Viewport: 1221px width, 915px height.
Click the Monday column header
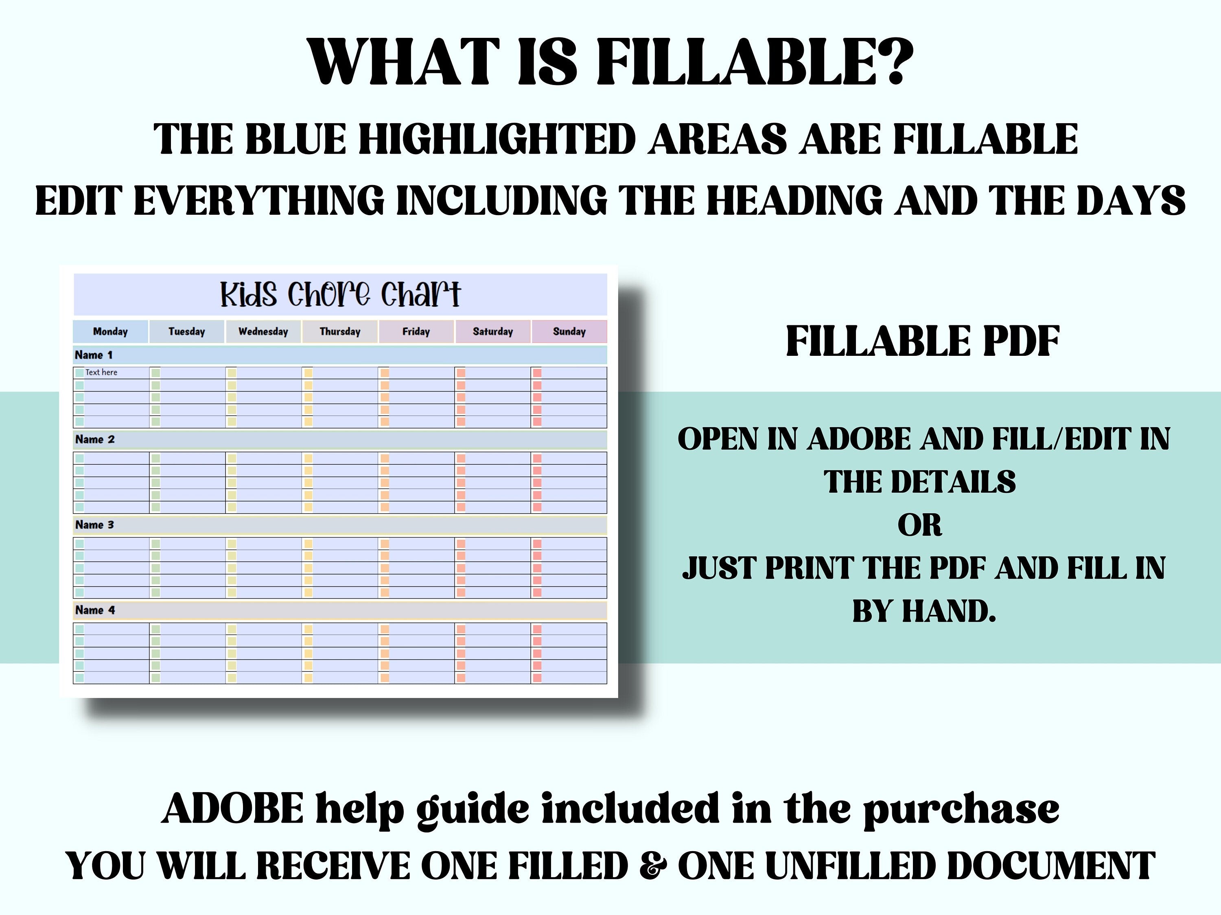(x=110, y=331)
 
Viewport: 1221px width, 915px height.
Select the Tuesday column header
(x=186, y=331)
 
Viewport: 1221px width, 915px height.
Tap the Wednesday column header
(x=263, y=331)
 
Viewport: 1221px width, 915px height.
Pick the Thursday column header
(x=340, y=331)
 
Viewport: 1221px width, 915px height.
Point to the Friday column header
(x=416, y=331)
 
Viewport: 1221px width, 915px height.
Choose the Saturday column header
(x=493, y=331)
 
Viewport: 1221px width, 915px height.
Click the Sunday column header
(x=569, y=331)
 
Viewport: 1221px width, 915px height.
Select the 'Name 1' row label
(x=94, y=355)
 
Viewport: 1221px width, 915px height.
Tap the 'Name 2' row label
(x=95, y=440)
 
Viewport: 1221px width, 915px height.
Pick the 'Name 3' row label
(x=94, y=525)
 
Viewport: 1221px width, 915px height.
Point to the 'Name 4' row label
(x=95, y=610)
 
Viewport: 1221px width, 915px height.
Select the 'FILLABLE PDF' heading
(x=923, y=342)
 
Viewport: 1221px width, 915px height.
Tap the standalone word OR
(x=919, y=525)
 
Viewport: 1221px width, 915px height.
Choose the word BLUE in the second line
(x=295, y=139)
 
